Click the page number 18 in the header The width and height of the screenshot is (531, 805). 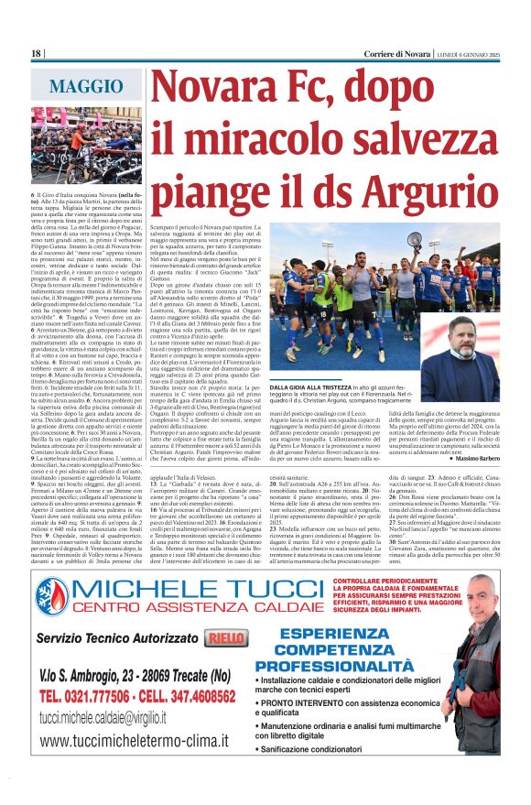click(37, 54)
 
